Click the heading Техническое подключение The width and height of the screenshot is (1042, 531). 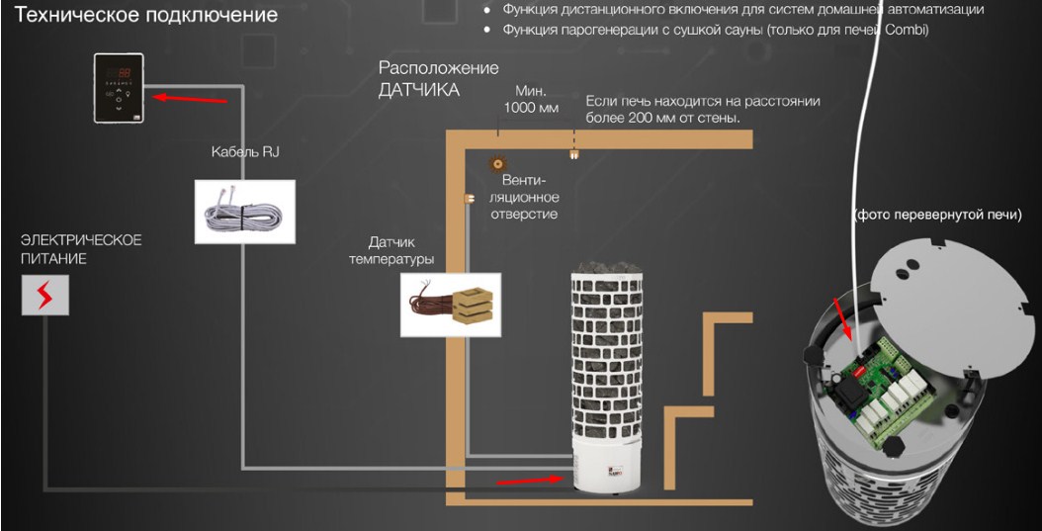coord(140,16)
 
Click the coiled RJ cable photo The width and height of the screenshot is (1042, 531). coord(243,211)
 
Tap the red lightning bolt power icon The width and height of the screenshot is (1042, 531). coord(45,296)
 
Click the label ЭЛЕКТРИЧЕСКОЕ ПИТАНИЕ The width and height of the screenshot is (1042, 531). coord(81,249)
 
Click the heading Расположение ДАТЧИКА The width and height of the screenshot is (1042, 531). coord(438,79)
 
